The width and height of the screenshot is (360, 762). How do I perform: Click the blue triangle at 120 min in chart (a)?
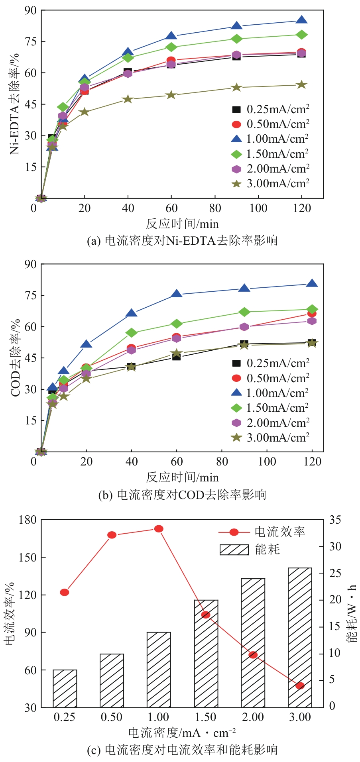(x=301, y=20)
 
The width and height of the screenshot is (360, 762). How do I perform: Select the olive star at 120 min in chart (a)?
(x=301, y=84)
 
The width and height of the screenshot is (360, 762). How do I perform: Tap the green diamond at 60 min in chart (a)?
(x=171, y=47)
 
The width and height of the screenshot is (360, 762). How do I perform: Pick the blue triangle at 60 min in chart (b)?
(x=177, y=294)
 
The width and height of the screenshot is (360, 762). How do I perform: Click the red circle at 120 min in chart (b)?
(x=312, y=314)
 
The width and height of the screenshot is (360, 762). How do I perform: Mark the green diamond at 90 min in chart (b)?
(x=244, y=312)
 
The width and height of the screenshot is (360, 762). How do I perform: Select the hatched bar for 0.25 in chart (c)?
(x=65, y=688)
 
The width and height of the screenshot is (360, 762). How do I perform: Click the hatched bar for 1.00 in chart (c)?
(x=159, y=670)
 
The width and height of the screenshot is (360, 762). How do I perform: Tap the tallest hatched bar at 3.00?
(x=300, y=637)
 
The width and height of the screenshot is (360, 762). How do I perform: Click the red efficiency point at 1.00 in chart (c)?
(x=159, y=529)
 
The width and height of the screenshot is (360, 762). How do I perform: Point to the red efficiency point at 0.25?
(x=65, y=592)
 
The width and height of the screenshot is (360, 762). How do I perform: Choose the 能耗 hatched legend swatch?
(x=234, y=550)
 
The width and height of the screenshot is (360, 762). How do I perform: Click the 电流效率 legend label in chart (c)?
(x=280, y=532)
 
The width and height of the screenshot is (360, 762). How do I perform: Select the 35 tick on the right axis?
(x=335, y=520)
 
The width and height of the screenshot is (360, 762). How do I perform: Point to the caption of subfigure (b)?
(x=182, y=495)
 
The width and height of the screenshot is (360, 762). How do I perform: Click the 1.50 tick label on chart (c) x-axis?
(x=206, y=717)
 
